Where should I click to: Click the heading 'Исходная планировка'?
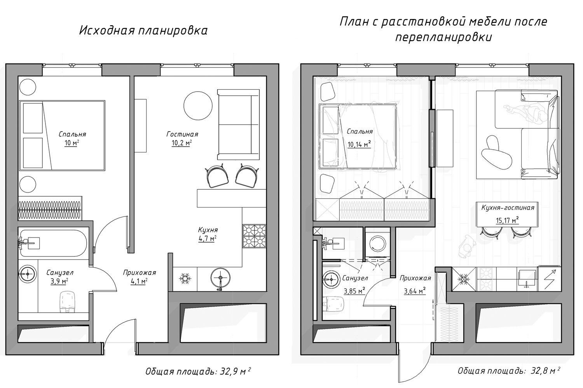[x=143, y=31]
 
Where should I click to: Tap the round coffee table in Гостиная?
[x=198, y=106]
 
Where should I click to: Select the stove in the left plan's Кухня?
[x=254, y=236]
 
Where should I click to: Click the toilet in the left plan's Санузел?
[x=67, y=302]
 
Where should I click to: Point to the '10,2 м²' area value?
[x=182, y=143]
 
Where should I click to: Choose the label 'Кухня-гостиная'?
[x=508, y=208]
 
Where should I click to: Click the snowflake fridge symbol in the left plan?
[x=185, y=278]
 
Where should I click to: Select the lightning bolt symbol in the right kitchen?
[x=550, y=279]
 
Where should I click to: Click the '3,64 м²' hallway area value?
[x=415, y=291]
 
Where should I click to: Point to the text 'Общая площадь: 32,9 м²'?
[x=198, y=371]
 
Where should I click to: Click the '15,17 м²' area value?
[x=507, y=220]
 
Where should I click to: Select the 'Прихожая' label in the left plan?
[x=140, y=273]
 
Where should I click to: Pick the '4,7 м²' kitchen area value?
[x=208, y=238]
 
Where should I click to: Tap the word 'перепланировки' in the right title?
[x=444, y=37]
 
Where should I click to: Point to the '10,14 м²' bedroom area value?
[x=359, y=144]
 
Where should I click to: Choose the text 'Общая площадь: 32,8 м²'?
[x=509, y=371]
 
